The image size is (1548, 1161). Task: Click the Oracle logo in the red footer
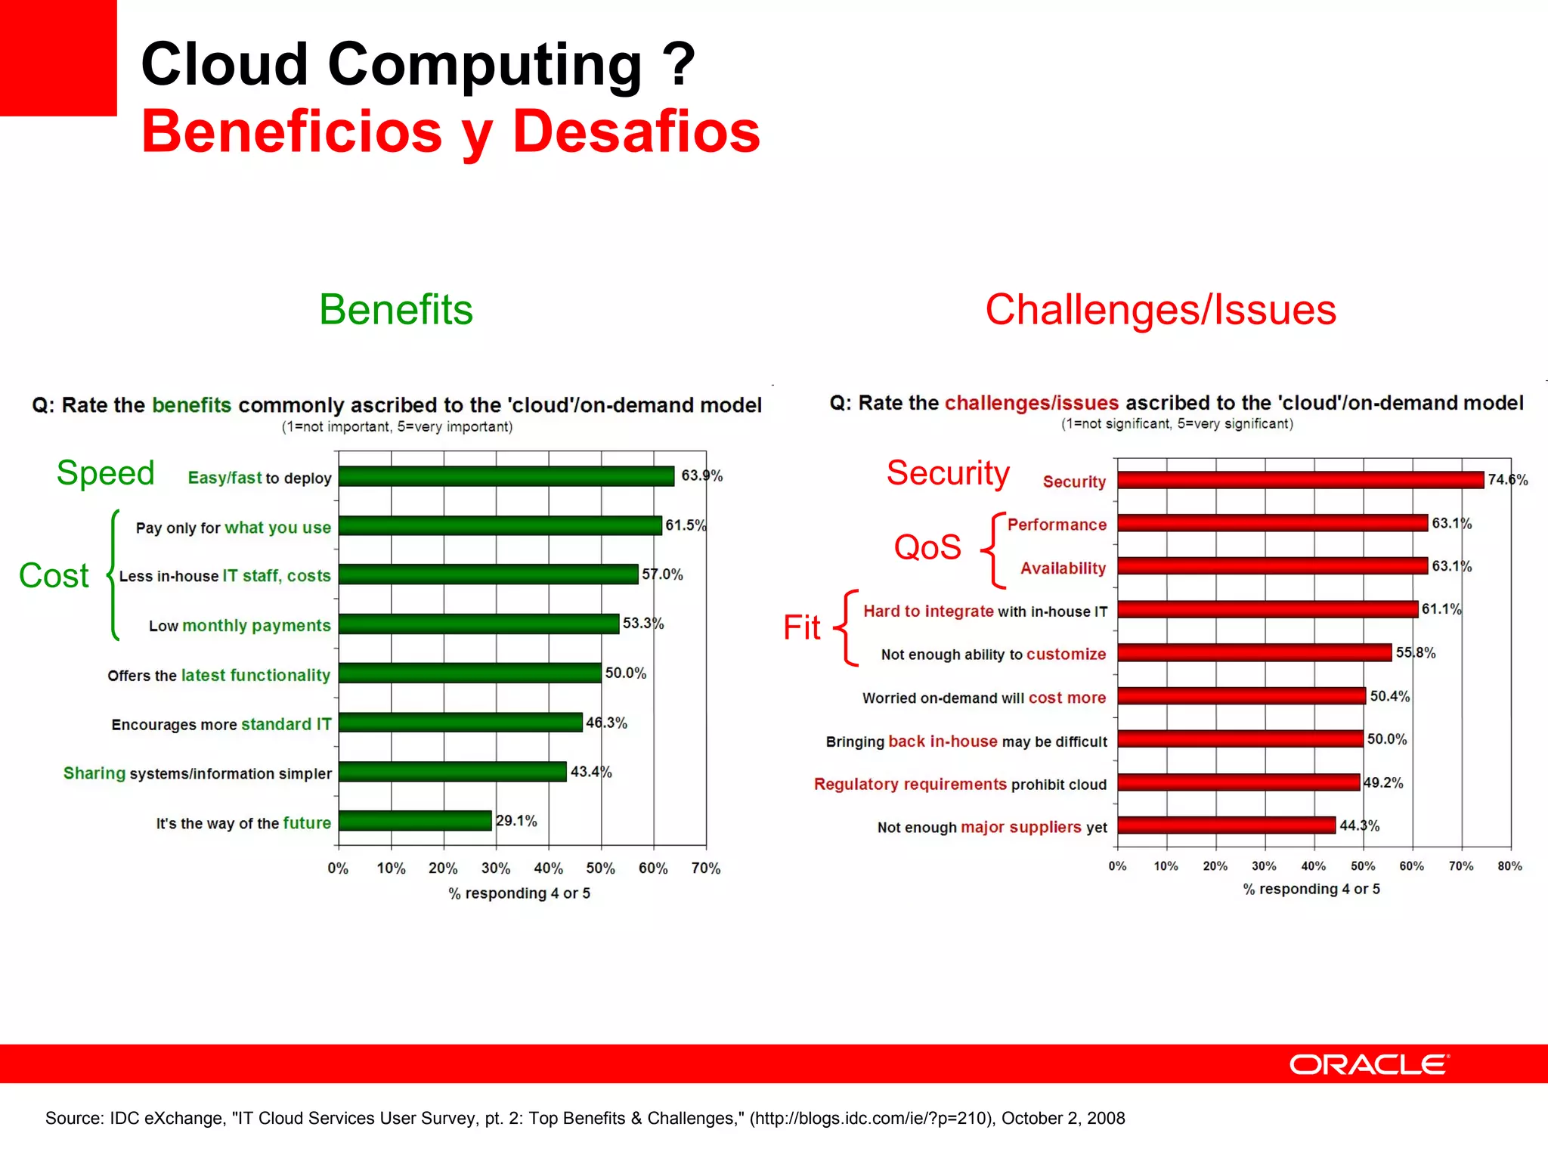pyautogui.click(x=1369, y=1064)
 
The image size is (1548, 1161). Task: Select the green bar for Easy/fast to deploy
pyautogui.click(x=506, y=476)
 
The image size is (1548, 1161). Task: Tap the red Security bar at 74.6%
pyautogui.click(x=1300, y=480)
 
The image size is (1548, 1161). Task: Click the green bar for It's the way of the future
pyautogui.click(x=415, y=821)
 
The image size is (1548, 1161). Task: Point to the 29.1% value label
pyautogui.click(x=516, y=821)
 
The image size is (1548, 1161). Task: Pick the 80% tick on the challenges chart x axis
pyautogui.click(x=1509, y=866)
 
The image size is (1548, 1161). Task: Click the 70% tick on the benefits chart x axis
pyautogui.click(x=705, y=868)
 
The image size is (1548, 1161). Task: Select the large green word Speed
pyautogui.click(x=106, y=473)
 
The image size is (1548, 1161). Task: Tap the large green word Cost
pyautogui.click(x=54, y=576)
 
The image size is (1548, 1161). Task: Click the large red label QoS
pyautogui.click(x=927, y=547)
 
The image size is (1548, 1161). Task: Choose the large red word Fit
pyautogui.click(x=801, y=627)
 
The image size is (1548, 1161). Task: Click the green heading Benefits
pyautogui.click(x=396, y=310)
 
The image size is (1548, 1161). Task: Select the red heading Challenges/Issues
pyautogui.click(x=1160, y=310)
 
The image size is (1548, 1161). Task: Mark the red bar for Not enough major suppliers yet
pyautogui.click(x=1226, y=825)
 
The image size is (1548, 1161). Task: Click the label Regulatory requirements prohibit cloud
pyautogui.click(x=960, y=785)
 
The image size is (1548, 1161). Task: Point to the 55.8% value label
pyautogui.click(x=1415, y=653)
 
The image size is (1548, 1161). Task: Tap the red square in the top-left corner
pyautogui.click(x=58, y=57)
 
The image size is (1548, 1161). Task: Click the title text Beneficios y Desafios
pyautogui.click(x=450, y=132)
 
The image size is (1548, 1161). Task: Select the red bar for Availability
pyautogui.click(x=1272, y=566)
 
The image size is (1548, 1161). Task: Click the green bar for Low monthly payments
pyautogui.click(x=478, y=624)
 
